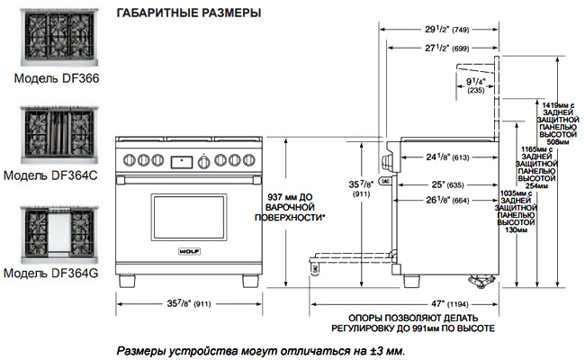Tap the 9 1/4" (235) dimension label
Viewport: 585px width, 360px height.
[476, 85]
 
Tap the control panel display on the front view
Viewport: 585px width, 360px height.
[182, 161]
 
